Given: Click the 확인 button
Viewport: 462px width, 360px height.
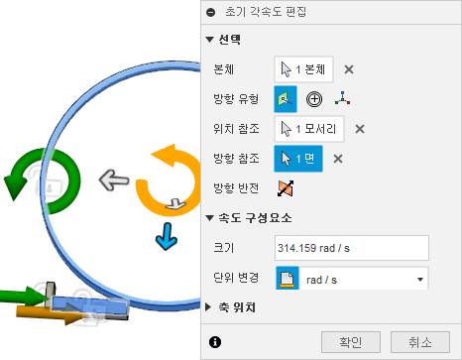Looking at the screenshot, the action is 357,342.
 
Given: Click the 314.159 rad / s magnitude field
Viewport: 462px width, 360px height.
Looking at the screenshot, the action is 351,248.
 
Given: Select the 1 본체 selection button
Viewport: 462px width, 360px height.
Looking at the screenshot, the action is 306,69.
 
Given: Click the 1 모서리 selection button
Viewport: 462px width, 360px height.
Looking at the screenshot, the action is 311,128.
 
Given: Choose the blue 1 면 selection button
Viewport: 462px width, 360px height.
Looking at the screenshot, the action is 300,159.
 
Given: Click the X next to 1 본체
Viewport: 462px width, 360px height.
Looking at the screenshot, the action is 349,69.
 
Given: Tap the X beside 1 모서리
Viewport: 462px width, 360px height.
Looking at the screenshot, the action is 360,128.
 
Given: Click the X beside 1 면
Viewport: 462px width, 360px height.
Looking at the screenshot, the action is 337,159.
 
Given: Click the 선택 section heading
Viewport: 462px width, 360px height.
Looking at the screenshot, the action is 234,40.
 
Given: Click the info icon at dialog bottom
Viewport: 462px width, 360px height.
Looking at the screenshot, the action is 215,342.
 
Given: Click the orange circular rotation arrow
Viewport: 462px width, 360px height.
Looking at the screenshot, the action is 163,179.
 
